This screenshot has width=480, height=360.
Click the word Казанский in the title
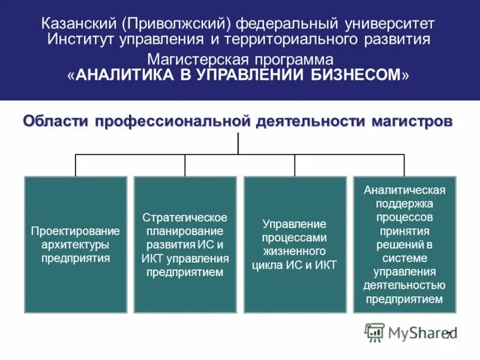click(x=80, y=25)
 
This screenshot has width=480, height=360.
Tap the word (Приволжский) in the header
click(x=177, y=25)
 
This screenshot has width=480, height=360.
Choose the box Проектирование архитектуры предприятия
click(x=76, y=244)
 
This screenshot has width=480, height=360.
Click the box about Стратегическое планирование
click(x=185, y=244)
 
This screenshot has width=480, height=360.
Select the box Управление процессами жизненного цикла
click(x=295, y=244)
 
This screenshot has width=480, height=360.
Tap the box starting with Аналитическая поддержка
click(x=404, y=244)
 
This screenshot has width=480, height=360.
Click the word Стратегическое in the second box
click(x=185, y=217)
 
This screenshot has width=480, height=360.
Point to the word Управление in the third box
click(x=295, y=224)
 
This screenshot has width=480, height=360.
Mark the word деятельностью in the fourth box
click(x=404, y=285)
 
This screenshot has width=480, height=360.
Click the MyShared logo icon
click(x=374, y=332)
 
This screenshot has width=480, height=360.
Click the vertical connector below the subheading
click(x=238, y=143)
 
